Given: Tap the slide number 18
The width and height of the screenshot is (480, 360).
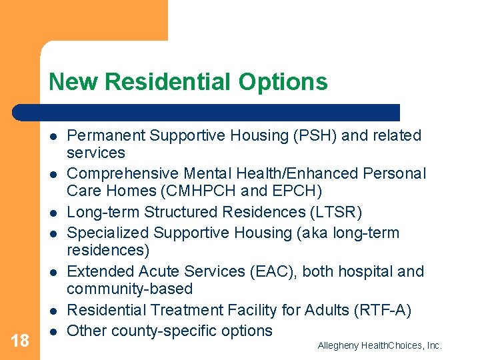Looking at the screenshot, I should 20,341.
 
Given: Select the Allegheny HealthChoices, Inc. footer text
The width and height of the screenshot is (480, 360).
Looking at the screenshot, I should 379,345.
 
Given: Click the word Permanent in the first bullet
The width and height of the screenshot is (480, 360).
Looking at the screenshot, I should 106,135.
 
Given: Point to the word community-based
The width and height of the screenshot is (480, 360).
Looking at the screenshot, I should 129,289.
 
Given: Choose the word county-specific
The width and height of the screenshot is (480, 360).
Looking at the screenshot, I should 162,331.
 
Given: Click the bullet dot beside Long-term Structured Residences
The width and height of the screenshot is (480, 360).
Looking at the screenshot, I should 52,213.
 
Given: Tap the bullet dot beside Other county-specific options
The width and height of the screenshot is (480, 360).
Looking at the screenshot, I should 52,331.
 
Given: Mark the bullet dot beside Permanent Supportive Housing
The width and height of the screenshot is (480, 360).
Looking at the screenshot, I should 52,136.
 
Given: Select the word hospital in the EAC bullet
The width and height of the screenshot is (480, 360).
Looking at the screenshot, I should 361,271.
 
